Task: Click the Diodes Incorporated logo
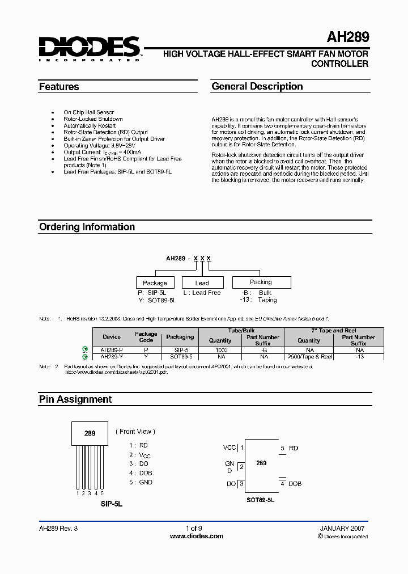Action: [x=89, y=48]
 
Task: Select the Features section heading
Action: [x=59, y=87]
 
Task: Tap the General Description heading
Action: [x=257, y=86]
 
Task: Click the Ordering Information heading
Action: [x=87, y=227]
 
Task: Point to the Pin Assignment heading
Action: [x=75, y=399]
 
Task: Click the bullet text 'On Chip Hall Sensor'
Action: [x=88, y=112]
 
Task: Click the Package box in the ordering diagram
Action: [x=155, y=282]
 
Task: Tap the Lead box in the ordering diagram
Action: [x=202, y=282]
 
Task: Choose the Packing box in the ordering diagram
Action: [x=261, y=282]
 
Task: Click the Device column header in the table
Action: [x=112, y=337]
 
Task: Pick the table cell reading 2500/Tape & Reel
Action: [x=309, y=357]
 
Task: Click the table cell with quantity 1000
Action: [x=220, y=351]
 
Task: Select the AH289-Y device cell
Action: [x=112, y=357]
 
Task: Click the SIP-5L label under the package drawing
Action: [x=112, y=503]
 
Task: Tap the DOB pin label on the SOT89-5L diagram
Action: [x=295, y=484]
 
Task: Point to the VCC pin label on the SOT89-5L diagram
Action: [x=229, y=448]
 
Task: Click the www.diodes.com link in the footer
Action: [x=197, y=536]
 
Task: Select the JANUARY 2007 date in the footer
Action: [x=342, y=528]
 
